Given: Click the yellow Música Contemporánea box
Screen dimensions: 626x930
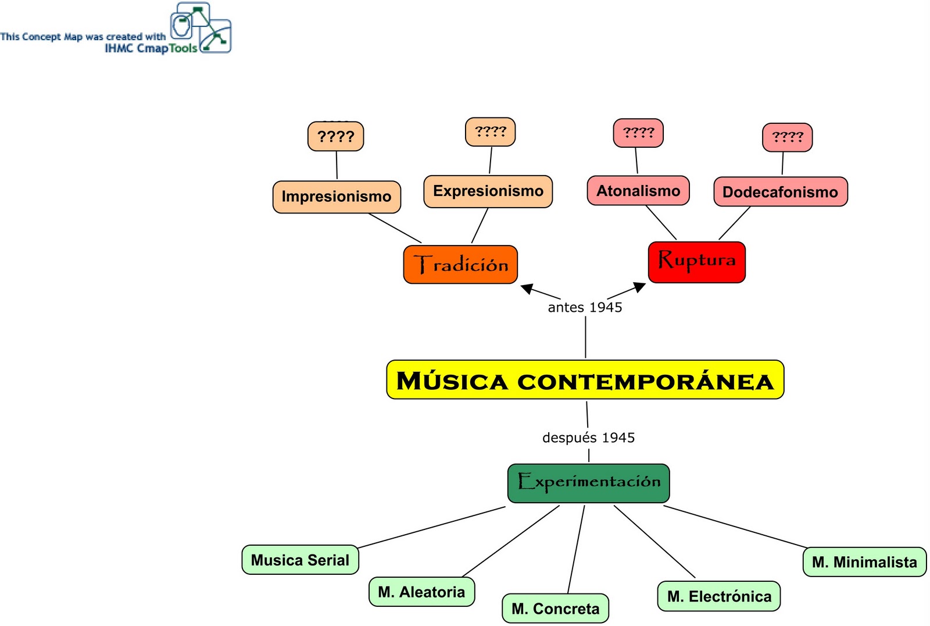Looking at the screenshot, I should pos(585,380).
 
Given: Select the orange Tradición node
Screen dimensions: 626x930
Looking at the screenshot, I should pos(460,265).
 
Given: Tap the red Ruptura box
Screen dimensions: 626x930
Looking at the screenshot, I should pos(696,262).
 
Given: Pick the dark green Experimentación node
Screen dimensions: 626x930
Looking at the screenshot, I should pos(588,483).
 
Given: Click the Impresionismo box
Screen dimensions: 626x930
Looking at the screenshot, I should pos(337,197).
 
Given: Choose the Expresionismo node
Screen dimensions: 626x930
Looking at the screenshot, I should pos(488,191).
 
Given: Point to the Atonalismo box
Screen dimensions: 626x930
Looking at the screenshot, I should pos(638,191).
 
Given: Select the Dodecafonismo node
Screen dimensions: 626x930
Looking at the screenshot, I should pos(780,192).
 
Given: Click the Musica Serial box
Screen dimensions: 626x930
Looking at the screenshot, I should pos(300,560).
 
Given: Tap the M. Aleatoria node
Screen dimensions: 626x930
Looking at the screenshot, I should pos(421,592).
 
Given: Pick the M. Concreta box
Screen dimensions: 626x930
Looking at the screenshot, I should pos(555,608).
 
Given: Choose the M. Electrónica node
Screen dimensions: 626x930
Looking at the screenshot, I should pos(719,596).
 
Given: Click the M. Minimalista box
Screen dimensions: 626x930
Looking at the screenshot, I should pos(864,562).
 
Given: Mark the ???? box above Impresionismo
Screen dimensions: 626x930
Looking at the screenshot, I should pos(335,136).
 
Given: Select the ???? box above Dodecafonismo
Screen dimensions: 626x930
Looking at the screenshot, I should pos(787,137).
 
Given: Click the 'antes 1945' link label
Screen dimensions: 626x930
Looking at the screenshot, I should pos(585,307).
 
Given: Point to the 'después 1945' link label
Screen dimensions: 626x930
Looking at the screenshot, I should pos(588,438).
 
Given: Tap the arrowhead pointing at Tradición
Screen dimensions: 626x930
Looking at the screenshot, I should pos(527,288).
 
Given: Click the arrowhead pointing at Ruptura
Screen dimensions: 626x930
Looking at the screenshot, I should pos(639,287).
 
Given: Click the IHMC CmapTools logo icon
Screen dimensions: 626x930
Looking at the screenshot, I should pos(201,27).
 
